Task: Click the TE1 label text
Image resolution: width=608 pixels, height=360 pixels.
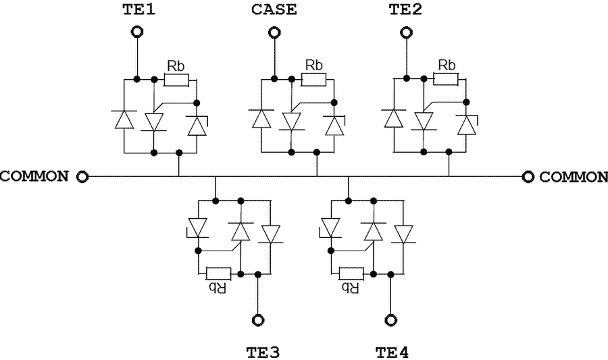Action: point(137,9)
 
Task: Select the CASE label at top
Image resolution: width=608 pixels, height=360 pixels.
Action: point(274,9)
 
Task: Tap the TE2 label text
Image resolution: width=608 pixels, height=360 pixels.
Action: point(405,9)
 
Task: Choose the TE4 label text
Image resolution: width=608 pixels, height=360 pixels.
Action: point(392,353)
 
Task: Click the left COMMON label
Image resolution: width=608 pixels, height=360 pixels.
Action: point(34,176)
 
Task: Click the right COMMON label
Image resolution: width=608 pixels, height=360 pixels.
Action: point(574,177)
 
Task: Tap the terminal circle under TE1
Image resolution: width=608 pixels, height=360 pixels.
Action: point(137,32)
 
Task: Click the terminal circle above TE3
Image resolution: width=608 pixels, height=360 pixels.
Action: point(257,319)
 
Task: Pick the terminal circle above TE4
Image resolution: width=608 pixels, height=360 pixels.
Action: point(389,319)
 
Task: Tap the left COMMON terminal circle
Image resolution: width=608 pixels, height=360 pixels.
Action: point(82,176)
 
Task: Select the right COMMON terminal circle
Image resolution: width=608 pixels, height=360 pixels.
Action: point(528,176)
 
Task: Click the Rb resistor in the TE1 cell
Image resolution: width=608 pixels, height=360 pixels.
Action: point(176,80)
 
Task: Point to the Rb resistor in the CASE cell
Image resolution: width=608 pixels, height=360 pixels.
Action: point(313,80)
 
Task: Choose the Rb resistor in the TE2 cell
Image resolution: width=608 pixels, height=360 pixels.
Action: point(446,80)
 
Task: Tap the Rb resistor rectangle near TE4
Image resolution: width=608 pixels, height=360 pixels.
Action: point(351,274)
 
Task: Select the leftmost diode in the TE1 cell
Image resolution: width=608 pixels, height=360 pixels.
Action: point(124,120)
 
